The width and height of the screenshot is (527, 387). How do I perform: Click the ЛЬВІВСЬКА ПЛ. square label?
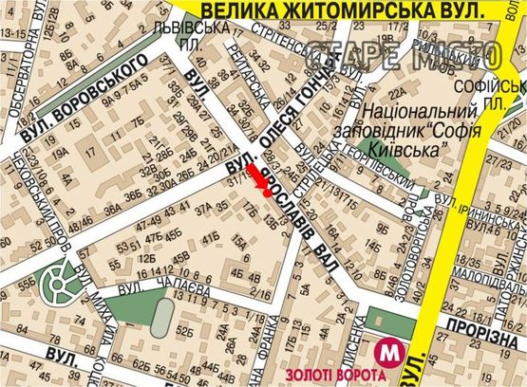coord(203,36)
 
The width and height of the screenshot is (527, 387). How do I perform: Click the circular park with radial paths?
coord(64,281)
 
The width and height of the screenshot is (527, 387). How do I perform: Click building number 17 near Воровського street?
coord(93,150)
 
